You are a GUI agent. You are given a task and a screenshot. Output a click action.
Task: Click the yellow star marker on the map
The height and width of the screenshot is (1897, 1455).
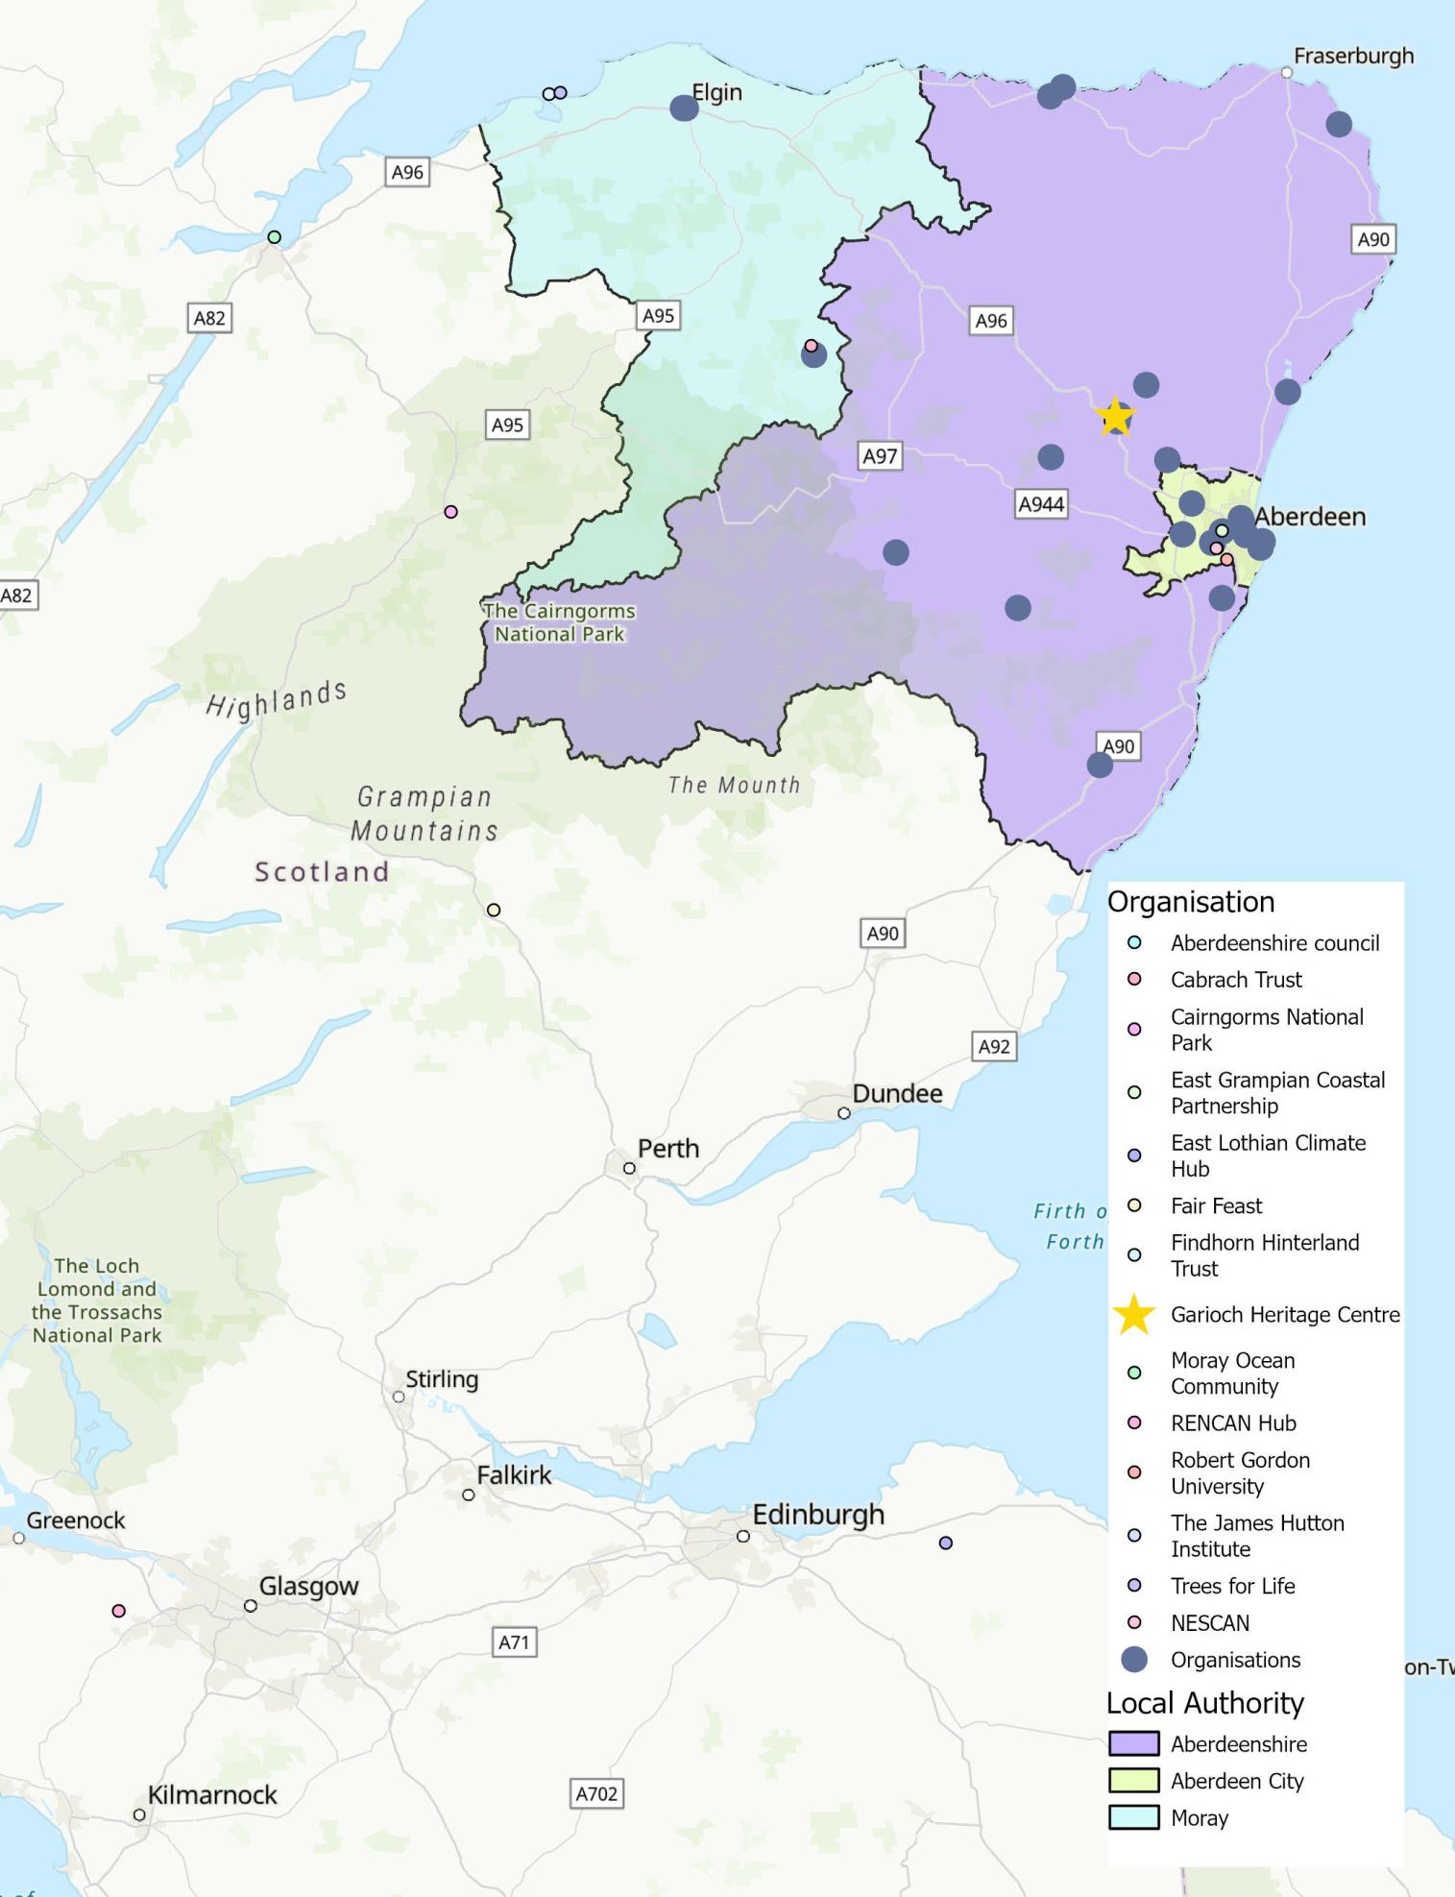1114,417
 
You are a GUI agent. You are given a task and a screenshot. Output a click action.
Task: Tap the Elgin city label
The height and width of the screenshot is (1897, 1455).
716,92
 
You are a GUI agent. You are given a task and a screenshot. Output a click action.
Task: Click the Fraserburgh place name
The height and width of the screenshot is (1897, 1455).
1352,56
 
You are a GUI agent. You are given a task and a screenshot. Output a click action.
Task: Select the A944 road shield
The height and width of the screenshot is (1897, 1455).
1041,503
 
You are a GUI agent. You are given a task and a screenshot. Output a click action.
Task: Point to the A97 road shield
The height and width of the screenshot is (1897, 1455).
880,456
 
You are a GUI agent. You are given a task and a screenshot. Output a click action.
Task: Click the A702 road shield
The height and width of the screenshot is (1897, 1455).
596,1793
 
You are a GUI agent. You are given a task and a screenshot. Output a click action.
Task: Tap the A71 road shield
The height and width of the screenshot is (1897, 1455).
514,1642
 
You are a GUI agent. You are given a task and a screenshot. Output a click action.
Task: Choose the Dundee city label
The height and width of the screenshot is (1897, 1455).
897,1093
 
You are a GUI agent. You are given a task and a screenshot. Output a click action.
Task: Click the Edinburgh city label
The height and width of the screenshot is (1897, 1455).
817,1515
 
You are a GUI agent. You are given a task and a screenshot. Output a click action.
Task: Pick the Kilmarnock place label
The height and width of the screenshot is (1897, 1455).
211,1794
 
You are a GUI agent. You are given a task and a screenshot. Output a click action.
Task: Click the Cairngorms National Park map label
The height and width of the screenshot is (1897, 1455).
559,622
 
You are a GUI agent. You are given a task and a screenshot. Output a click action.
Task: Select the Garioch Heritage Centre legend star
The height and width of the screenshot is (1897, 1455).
1133,1314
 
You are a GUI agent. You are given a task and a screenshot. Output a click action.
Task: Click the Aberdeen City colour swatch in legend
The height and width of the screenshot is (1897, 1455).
1133,1780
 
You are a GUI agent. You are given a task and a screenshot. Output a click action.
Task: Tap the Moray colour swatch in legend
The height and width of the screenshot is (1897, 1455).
1133,1817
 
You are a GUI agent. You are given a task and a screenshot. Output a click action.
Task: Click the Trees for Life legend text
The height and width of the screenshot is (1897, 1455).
1232,1586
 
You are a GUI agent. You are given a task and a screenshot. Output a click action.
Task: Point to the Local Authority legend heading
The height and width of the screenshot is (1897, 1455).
1204,1703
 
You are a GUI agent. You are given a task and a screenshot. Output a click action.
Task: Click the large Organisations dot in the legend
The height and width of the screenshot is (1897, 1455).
1134,1659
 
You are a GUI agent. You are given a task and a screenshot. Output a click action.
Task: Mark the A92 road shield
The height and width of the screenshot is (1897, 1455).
994,1046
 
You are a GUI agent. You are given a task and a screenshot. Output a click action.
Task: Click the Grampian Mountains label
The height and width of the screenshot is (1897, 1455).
424,814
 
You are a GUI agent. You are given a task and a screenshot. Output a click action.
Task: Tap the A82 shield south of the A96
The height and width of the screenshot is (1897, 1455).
209,318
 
